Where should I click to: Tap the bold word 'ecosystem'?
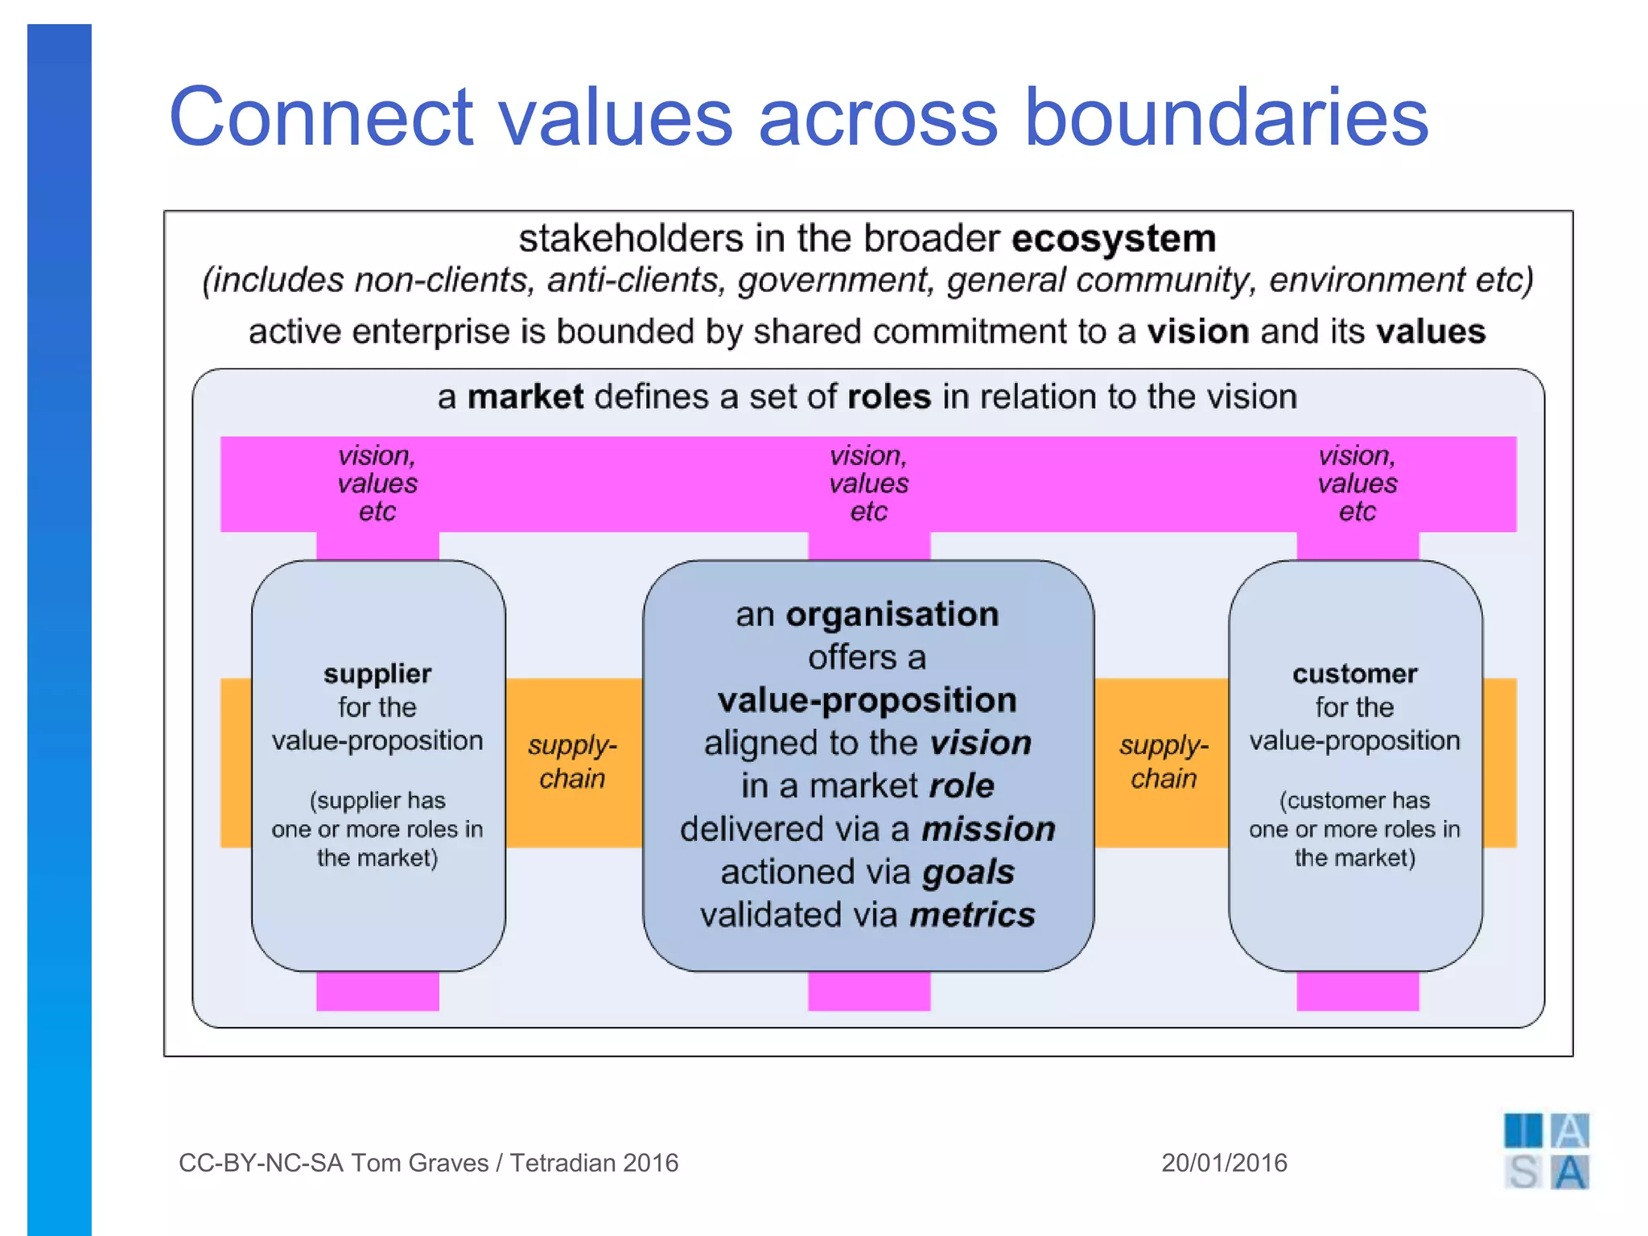pyautogui.click(x=1114, y=239)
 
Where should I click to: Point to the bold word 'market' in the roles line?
pyautogui.click(x=525, y=398)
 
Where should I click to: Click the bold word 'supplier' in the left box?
pyautogui.click(x=377, y=674)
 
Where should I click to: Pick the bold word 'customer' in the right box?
pyautogui.click(x=1355, y=674)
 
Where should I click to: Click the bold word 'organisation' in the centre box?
pyautogui.click(x=892, y=615)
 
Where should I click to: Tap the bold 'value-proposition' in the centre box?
pyautogui.click(x=867, y=701)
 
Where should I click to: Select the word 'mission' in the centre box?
pyautogui.click(x=988, y=830)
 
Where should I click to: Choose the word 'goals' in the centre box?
pyautogui.click(x=968, y=872)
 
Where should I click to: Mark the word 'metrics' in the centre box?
pyautogui.click(x=973, y=916)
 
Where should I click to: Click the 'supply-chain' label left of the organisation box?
pyautogui.click(x=572, y=762)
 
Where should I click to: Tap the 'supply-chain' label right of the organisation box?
pyautogui.click(x=1164, y=762)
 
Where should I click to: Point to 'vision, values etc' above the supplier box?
pyautogui.click(x=377, y=484)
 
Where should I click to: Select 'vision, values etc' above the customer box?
pyautogui.click(x=1358, y=484)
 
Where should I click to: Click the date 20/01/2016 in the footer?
pyautogui.click(x=1224, y=1163)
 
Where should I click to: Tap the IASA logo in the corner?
pyautogui.click(x=1546, y=1152)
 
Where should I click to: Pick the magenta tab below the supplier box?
pyautogui.click(x=377, y=991)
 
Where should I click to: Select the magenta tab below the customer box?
pyautogui.click(x=1358, y=991)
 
